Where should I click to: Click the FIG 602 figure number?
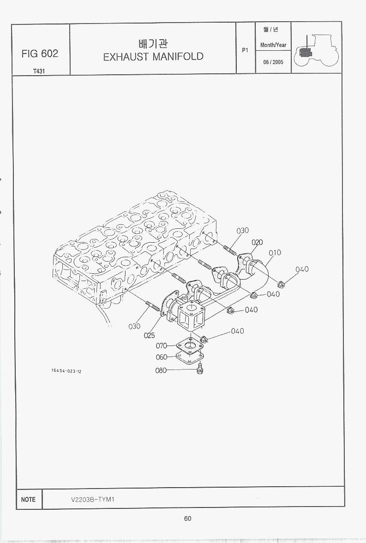click(x=40, y=54)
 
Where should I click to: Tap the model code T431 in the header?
click(x=39, y=71)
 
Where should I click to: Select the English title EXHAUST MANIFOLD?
click(x=153, y=56)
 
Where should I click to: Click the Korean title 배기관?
click(x=153, y=44)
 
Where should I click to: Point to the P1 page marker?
click(x=246, y=50)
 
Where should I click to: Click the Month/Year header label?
click(x=273, y=45)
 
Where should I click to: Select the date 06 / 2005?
click(x=273, y=62)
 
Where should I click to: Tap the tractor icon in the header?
click(x=317, y=51)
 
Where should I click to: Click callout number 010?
click(x=275, y=253)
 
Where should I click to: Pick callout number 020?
click(x=257, y=242)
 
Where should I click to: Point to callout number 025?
click(x=150, y=335)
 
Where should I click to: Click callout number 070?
click(x=162, y=346)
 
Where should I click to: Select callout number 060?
click(x=162, y=357)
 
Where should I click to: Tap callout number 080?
click(x=161, y=370)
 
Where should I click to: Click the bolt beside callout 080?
click(x=200, y=368)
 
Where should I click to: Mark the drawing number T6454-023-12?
click(x=66, y=371)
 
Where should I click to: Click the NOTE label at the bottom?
click(x=28, y=499)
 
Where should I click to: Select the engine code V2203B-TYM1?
click(x=93, y=499)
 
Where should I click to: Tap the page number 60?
click(x=187, y=519)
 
